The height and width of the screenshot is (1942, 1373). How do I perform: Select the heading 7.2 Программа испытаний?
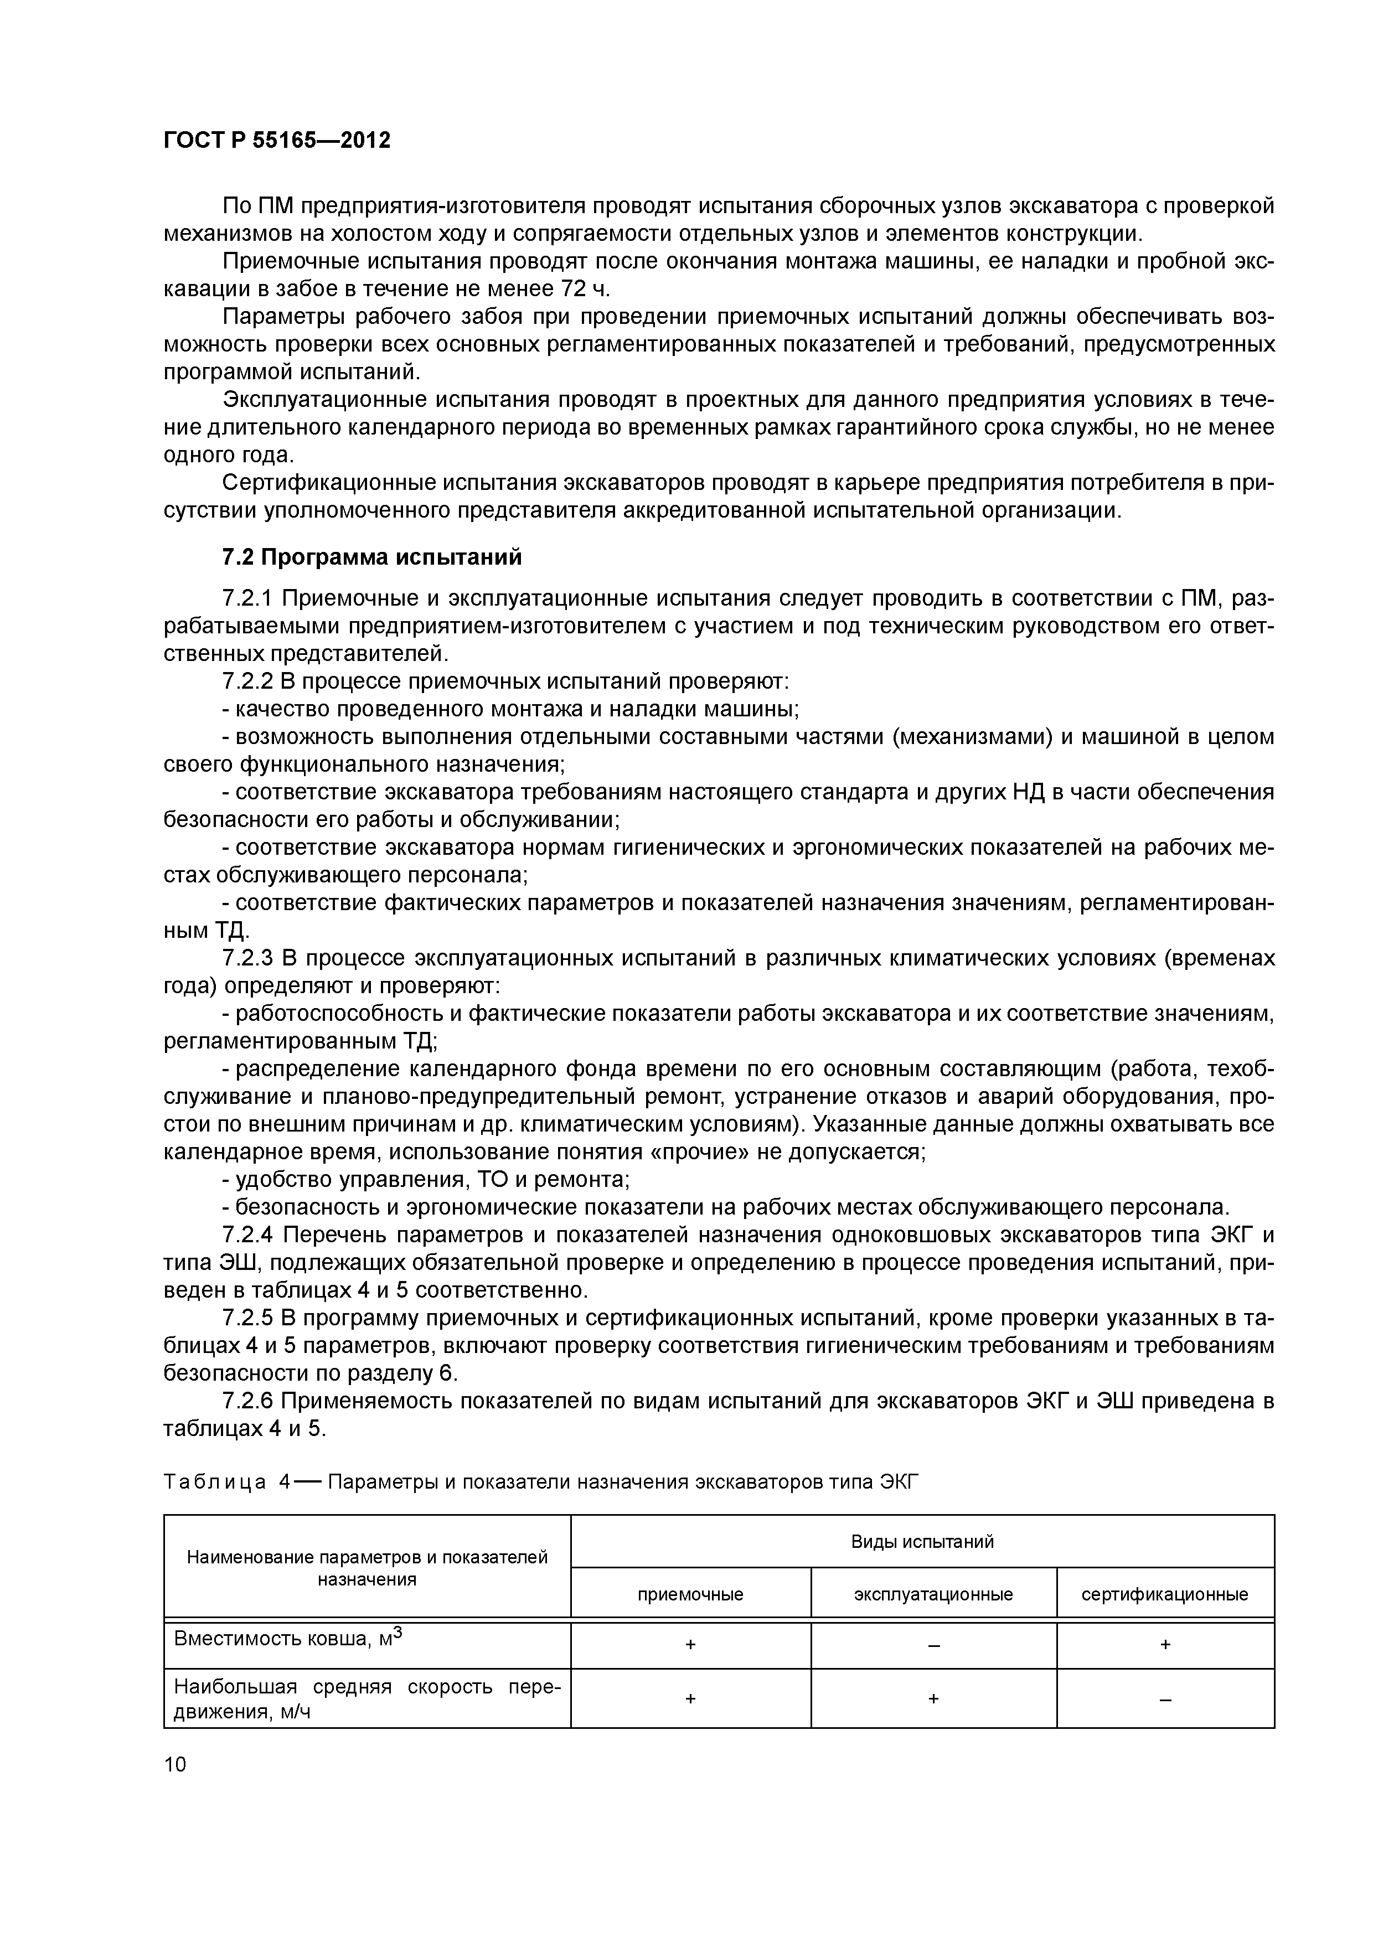point(371,557)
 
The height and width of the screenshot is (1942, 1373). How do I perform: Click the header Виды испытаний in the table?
point(922,1541)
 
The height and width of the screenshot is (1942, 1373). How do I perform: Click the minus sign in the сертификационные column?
point(1165,1700)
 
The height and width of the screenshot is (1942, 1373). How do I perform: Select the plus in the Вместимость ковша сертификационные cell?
point(1165,1645)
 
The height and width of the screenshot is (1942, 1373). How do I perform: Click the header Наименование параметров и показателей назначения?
point(367,1567)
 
